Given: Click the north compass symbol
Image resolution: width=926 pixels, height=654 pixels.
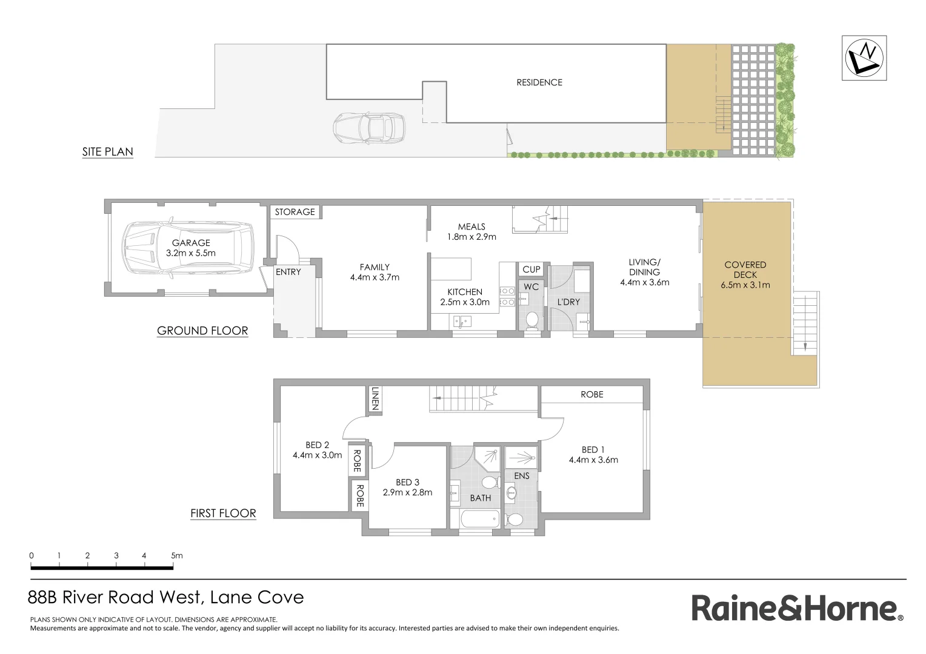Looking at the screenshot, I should [864, 58].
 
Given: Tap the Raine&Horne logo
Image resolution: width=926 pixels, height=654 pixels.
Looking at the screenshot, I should [797, 608].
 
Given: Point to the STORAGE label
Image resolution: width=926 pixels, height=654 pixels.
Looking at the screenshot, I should [295, 212].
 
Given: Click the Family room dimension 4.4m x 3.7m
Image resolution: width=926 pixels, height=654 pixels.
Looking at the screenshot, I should [375, 277].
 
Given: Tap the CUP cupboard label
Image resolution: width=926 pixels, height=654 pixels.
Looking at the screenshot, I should [531, 269].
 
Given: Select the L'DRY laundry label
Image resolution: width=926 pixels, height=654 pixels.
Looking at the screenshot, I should [568, 302].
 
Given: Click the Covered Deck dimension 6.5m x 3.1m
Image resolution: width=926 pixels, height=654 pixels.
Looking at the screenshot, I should [745, 285].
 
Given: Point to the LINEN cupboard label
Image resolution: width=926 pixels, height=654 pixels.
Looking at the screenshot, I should [375, 399].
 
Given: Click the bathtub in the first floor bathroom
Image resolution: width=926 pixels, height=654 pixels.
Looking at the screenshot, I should [480, 520].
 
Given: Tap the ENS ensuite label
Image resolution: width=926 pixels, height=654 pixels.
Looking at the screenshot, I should [522, 476].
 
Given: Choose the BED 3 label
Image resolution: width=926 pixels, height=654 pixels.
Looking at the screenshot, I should [407, 482].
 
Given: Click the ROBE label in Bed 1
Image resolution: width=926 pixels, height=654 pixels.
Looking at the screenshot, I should [592, 394].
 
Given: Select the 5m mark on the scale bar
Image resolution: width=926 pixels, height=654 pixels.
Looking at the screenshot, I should [176, 555].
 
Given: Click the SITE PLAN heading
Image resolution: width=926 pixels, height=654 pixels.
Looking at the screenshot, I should [108, 152].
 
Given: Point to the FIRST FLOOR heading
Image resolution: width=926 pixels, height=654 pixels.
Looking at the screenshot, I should [223, 514].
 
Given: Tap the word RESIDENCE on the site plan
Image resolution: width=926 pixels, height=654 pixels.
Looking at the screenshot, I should [539, 82].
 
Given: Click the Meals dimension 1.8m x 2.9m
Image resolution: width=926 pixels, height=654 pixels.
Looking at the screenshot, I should [471, 237].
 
